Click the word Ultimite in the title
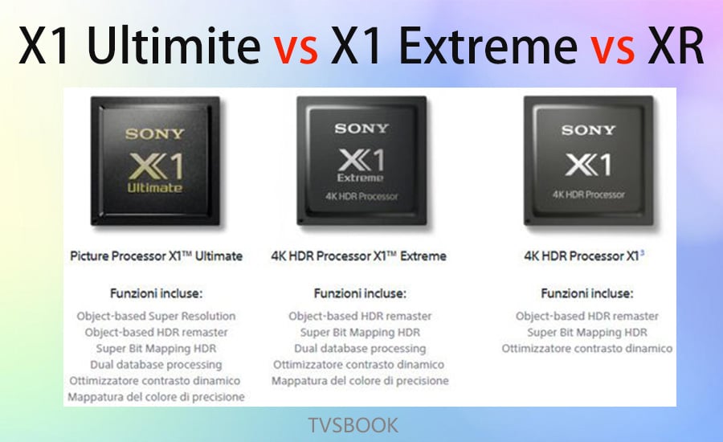[174, 45]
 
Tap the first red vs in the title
[296, 49]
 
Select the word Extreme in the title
[488, 45]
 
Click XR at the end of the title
[675, 45]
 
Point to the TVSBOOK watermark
[353, 425]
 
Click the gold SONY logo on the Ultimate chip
[155, 133]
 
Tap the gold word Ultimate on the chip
[155, 187]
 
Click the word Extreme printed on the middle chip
[360, 178]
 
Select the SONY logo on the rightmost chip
[588, 130]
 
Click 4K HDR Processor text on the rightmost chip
[589, 194]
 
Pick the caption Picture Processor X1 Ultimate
[157, 256]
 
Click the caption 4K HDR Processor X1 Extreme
[359, 256]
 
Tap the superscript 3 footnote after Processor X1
[643, 253]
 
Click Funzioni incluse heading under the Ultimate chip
[157, 293]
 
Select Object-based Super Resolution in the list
[157, 316]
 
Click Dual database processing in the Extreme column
[360, 348]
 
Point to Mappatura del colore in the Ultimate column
[157, 397]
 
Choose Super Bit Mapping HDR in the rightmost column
[587, 332]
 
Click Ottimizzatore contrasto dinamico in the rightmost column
[587, 348]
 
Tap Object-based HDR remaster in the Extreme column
[360, 316]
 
